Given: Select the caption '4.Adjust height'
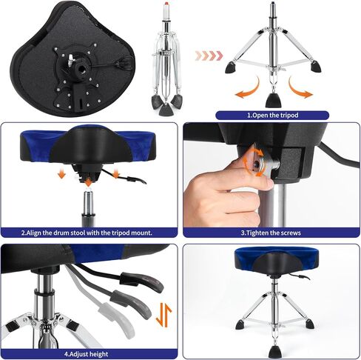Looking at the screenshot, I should coord(88,353).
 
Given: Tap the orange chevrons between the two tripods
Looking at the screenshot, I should coord(208,54).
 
